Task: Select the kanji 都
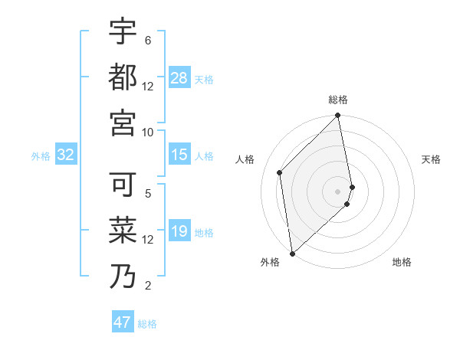click(x=123, y=77)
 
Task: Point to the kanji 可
click(x=123, y=185)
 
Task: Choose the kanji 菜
click(x=123, y=230)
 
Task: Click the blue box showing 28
click(x=179, y=78)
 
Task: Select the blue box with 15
click(x=179, y=155)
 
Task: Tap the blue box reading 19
click(x=179, y=232)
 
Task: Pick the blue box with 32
click(x=66, y=155)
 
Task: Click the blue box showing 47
click(x=123, y=322)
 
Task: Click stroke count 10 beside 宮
click(x=148, y=132)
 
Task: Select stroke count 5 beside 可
click(x=148, y=194)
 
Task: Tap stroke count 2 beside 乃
click(x=148, y=286)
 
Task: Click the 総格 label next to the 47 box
click(x=148, y=324)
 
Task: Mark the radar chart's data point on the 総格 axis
click(x=338, y=116)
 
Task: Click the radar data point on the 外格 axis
click(x=292, y=254)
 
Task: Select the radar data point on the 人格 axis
click(x=280, y=172)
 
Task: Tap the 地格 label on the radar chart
click(x=402, y=262)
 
